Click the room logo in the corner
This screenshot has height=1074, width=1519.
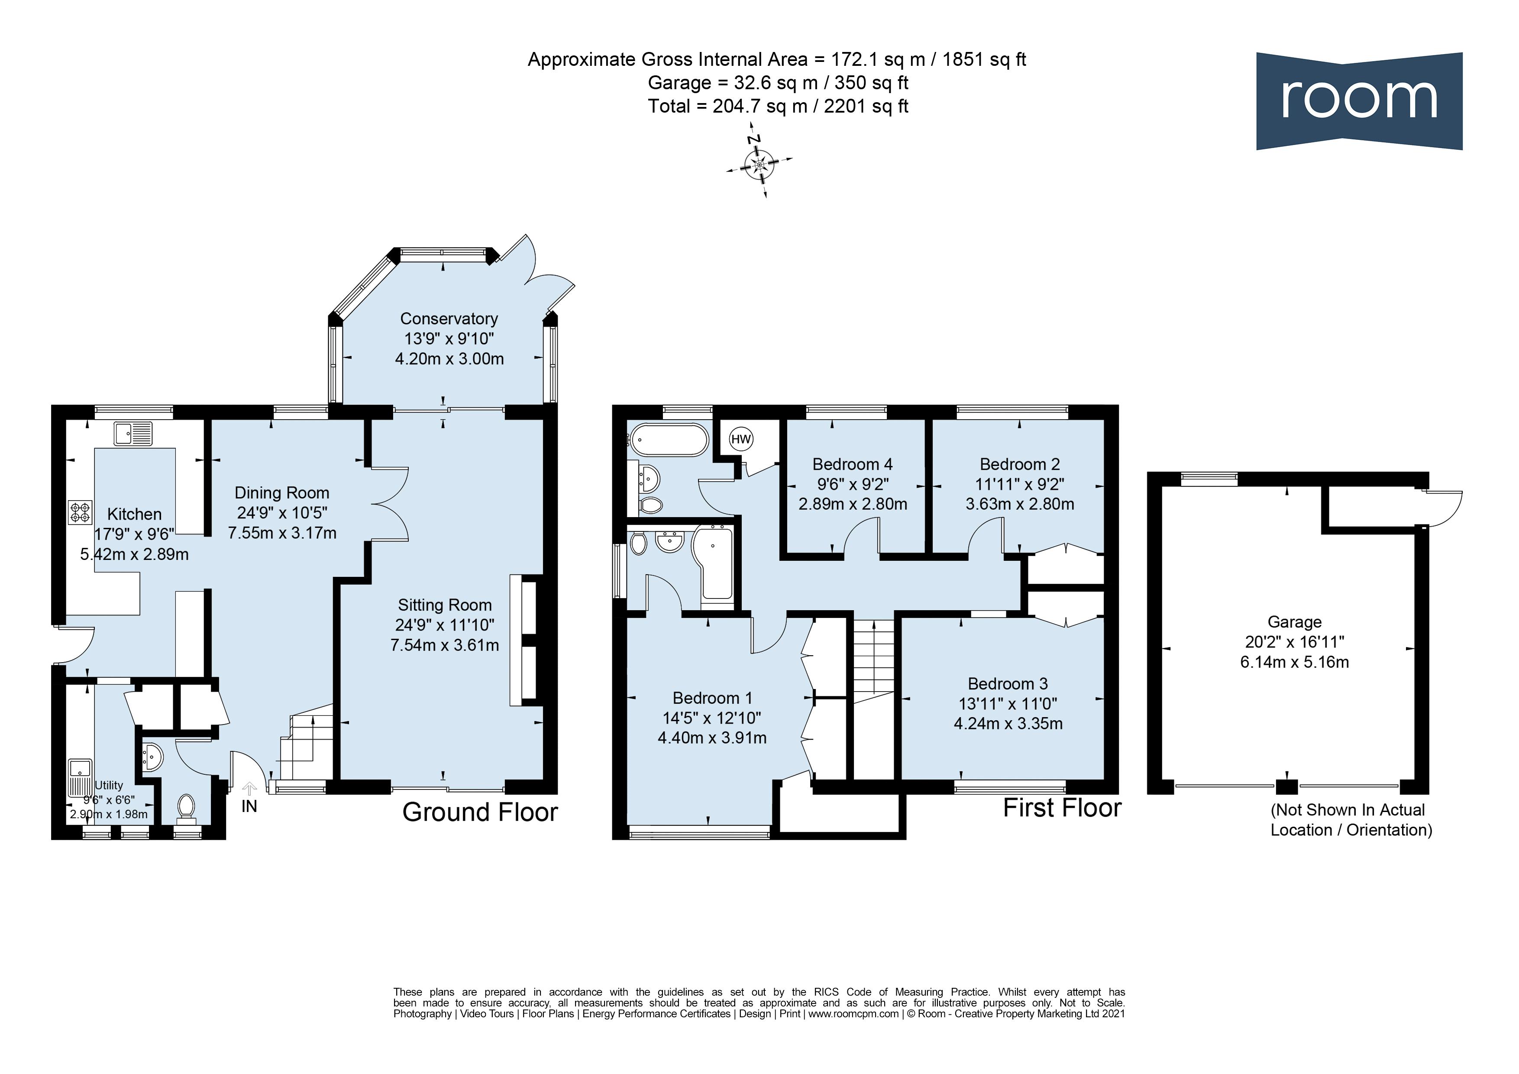click(1359, 100)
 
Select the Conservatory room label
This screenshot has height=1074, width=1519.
click(449, 318)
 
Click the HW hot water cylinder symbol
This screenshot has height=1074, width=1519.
click(741, 439)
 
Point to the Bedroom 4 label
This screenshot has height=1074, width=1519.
click(852, 464)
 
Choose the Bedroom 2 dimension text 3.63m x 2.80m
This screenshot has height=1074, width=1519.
click(1019, 504)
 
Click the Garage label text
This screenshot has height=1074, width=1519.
click(1294, 622)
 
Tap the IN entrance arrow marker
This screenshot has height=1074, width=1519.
click(249, 789)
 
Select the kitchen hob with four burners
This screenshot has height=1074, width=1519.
click(79, 512)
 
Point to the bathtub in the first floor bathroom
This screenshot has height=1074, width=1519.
click(669, 440)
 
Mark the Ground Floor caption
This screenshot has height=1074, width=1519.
click(480, 812)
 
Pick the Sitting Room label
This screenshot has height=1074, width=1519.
click(445, 605)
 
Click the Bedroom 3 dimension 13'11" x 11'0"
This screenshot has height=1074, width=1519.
click(1008, 703)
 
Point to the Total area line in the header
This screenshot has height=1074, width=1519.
click(778, 106)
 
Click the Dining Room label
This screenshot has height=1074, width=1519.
click(282, 493)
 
